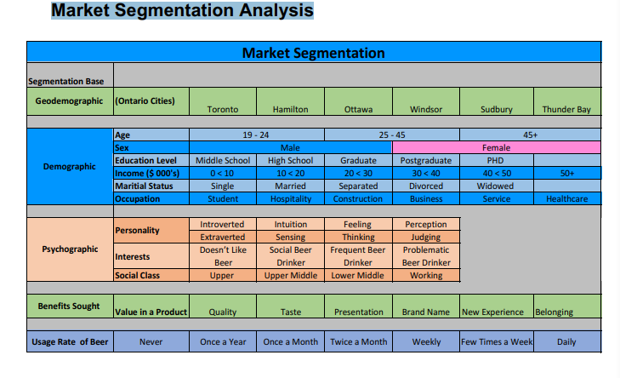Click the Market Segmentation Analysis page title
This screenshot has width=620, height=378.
coord(182,11)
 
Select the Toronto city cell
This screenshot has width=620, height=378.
coord(223,109)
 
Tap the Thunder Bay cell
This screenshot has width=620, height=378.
coord(566,109)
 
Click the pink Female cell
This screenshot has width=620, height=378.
coord(496,147)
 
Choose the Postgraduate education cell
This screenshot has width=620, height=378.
coord(426,160)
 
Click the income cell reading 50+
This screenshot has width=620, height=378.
coord(566,173)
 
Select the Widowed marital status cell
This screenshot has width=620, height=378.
coord(496,186)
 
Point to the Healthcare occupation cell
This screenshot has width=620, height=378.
coord(566,198)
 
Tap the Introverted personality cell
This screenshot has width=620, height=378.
coord(223,225)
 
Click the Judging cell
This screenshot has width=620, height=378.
coord(426,238)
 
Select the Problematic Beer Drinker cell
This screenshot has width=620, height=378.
coord(426,256)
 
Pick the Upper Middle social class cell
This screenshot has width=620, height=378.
coord(290,276)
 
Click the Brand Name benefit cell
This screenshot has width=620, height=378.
coord(426,312)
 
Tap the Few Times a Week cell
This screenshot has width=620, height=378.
coord(497,341)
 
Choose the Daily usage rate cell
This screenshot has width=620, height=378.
coord(566,341)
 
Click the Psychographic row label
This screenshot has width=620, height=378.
coord(70,250)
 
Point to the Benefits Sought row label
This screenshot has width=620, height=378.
coord(70,306)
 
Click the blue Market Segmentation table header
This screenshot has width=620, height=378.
coord(313,53)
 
